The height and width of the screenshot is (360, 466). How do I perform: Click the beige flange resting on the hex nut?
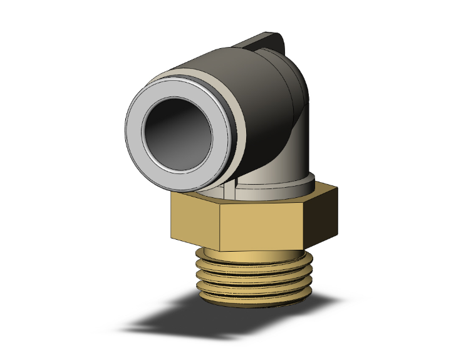point(276,187)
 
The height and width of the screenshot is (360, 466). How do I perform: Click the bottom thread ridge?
point(251,298)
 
